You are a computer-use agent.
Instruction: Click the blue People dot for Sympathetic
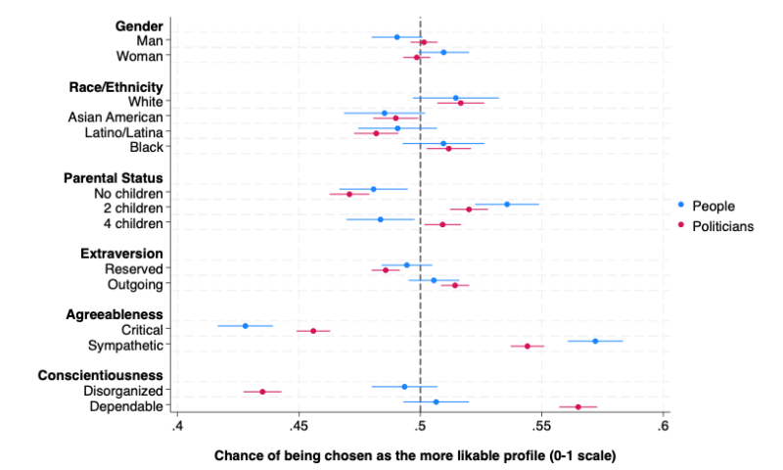[x=595, y=341]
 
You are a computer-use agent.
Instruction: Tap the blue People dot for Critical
[x=245, y=325]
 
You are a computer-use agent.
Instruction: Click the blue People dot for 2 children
[x=507, y=204]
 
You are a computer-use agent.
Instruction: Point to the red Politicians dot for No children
[x=349, y=194]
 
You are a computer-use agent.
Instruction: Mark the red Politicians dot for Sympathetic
[x=528, y=346]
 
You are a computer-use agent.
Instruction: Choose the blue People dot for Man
[x=396, y=37]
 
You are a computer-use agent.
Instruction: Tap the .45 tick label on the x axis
[x=299, y=427]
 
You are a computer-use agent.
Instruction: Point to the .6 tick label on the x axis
[x=663, y=427]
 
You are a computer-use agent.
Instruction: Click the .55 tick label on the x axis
[x=541, y=427]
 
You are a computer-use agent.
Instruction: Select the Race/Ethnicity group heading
[x=115, y=86]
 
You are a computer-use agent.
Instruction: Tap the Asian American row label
[x=115, y=117]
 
